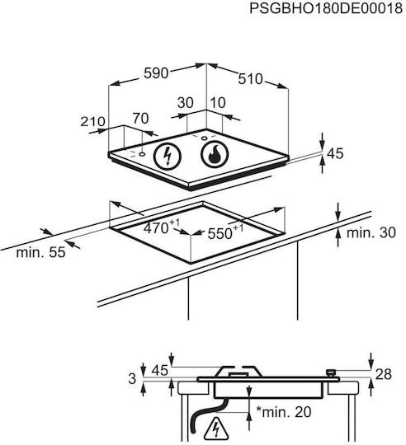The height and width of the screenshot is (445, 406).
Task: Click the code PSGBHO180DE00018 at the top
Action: [x=326, y=8]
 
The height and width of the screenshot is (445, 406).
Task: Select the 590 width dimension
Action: [x=156, y=73]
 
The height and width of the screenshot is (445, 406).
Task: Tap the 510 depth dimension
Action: [x=250, y=79]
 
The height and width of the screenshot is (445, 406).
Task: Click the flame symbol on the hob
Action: [x=215, y=154]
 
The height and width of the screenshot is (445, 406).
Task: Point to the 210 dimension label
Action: [x=92, y=121]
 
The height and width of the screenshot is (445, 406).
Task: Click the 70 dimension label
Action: [x=140, y=119]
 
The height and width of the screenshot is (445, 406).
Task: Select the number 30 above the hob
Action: [x=185, y=103]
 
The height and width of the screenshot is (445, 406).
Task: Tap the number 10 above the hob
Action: [x=218, y=103]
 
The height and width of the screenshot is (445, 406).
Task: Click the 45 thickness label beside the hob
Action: [x=335, y=153]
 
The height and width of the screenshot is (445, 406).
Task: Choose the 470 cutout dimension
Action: [x=162, y=227]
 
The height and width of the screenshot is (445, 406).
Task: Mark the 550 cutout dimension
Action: [x=225, y=232]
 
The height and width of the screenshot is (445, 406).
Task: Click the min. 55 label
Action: [x=40, y=252]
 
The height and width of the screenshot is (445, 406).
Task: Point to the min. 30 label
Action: [x=371, y=232]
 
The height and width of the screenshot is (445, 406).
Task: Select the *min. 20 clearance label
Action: [x=284, y=412]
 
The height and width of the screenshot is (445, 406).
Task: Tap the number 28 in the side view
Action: [x=383, y=374]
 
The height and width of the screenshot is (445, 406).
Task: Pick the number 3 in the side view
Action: [x=132, y=379]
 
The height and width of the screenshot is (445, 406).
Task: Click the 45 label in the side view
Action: [x=159, y=370]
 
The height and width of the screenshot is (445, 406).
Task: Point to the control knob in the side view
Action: [x=331, y=372]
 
